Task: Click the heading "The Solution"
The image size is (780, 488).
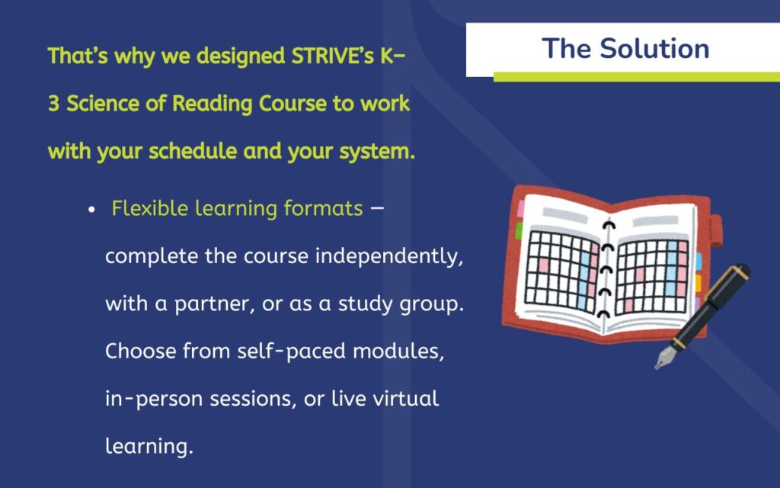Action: click(x=625, y=49)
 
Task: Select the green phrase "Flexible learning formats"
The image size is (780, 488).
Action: click(x=237, y=209)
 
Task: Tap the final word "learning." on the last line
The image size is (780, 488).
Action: click(x=149, y=447)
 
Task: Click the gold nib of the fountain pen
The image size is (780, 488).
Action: click(x=665, y=357)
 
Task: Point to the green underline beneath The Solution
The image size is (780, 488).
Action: click(x=636, y=76)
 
